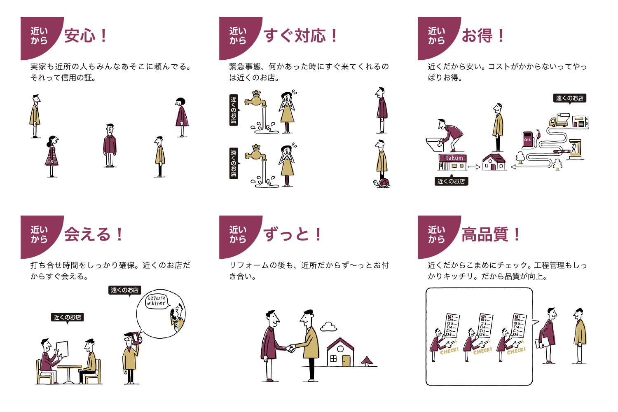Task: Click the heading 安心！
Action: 86,36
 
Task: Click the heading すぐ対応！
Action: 300,36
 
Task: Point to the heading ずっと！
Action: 293,234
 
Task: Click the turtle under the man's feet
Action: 383,183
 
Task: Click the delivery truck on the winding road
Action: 558,121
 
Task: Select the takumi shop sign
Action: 453,158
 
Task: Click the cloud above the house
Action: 329,327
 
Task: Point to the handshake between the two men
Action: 291,349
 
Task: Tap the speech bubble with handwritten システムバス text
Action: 157,301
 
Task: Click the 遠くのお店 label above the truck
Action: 569,98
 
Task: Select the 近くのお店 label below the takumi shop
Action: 451,181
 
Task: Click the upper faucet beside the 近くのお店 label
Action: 255,100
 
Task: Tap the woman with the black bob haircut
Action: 181,117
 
